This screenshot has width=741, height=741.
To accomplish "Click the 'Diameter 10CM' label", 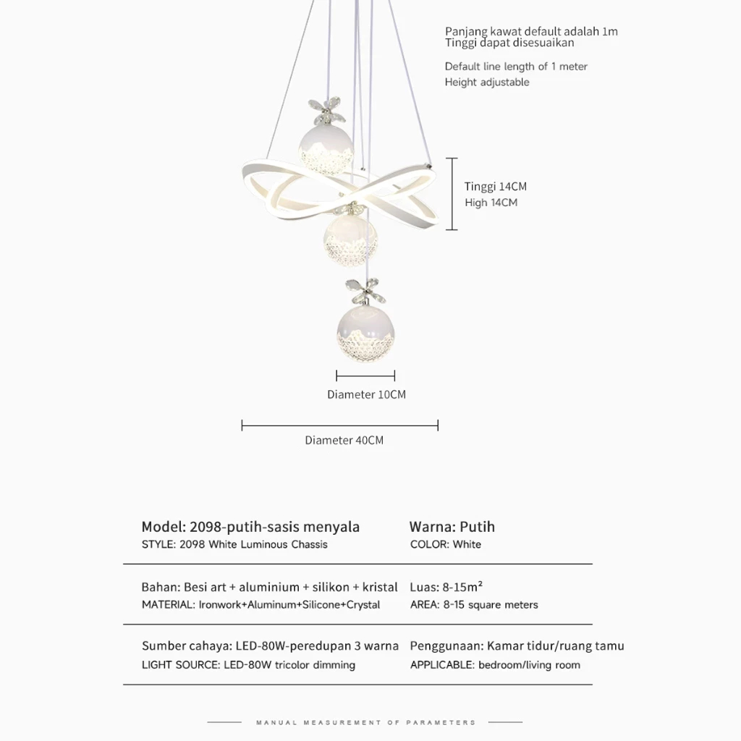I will (366, 395).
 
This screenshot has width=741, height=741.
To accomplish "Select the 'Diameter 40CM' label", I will (344, 440).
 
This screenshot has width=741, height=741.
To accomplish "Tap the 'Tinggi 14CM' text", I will (496, 187).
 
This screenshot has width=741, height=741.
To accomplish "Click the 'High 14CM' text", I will (491, 203).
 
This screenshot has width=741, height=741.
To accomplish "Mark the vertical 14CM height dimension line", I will (452, 194).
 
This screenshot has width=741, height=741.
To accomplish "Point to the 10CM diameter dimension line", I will (365, 376).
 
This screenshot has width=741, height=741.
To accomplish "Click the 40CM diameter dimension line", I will (339, 425).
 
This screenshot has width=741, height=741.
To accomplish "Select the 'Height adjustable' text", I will (487, 82).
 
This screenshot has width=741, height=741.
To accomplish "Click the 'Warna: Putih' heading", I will (452, 527).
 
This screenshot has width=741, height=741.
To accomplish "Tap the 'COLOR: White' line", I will (446, 544).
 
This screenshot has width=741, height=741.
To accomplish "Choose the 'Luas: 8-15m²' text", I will (446, 587).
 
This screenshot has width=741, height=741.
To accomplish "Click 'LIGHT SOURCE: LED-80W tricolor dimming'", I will (248, 665).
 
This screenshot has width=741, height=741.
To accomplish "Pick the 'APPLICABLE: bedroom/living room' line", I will (495, 665).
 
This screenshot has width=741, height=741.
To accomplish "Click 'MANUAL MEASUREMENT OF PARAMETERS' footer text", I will (366, 722).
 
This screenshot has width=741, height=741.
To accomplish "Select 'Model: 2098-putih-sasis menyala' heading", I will (250, 527).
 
